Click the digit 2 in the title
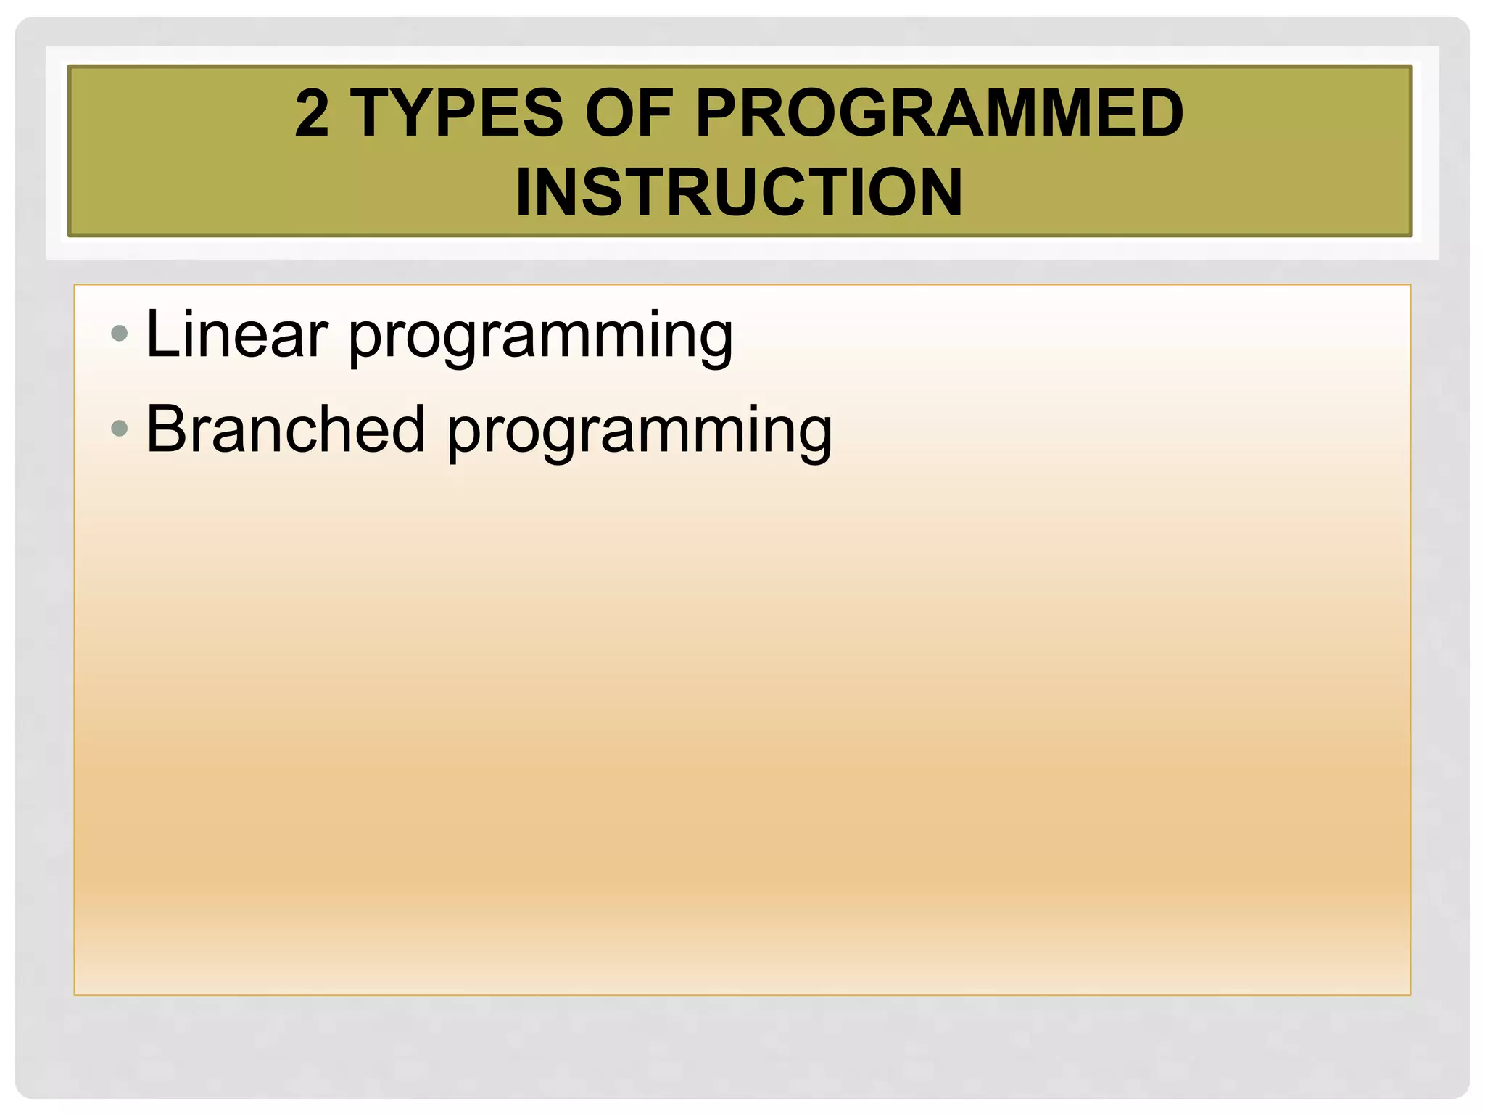coord(313,113)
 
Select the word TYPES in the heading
coord(457,113)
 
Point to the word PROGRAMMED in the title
coord(939,113)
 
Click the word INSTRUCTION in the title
coord(739,192)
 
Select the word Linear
coord(236,334)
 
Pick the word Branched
coord(285,429)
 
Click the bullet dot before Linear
coord(120,334)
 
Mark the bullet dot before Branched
coord(120,429)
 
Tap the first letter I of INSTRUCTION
coord(524,192)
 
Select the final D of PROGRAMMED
coord(1159,113)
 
